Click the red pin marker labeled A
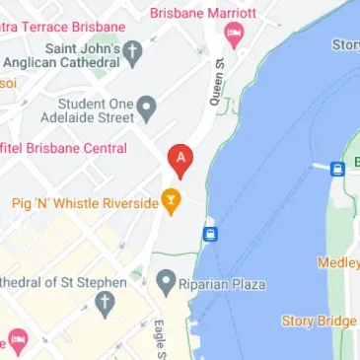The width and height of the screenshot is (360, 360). (x=180, y=157)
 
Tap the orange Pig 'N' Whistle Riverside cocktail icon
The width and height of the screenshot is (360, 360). (x=173, y=202)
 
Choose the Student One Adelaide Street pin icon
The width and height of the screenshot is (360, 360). (x=147, y=106)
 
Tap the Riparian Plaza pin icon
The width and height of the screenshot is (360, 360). (x=167, y=283)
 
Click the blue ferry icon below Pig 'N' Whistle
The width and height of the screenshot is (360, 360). (x=209, y=234)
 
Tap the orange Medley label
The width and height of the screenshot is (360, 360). (x=338, y=262)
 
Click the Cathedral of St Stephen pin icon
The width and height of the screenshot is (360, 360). (x=106, y=305)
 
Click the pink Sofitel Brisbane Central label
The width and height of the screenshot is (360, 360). (x=63, y=149)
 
